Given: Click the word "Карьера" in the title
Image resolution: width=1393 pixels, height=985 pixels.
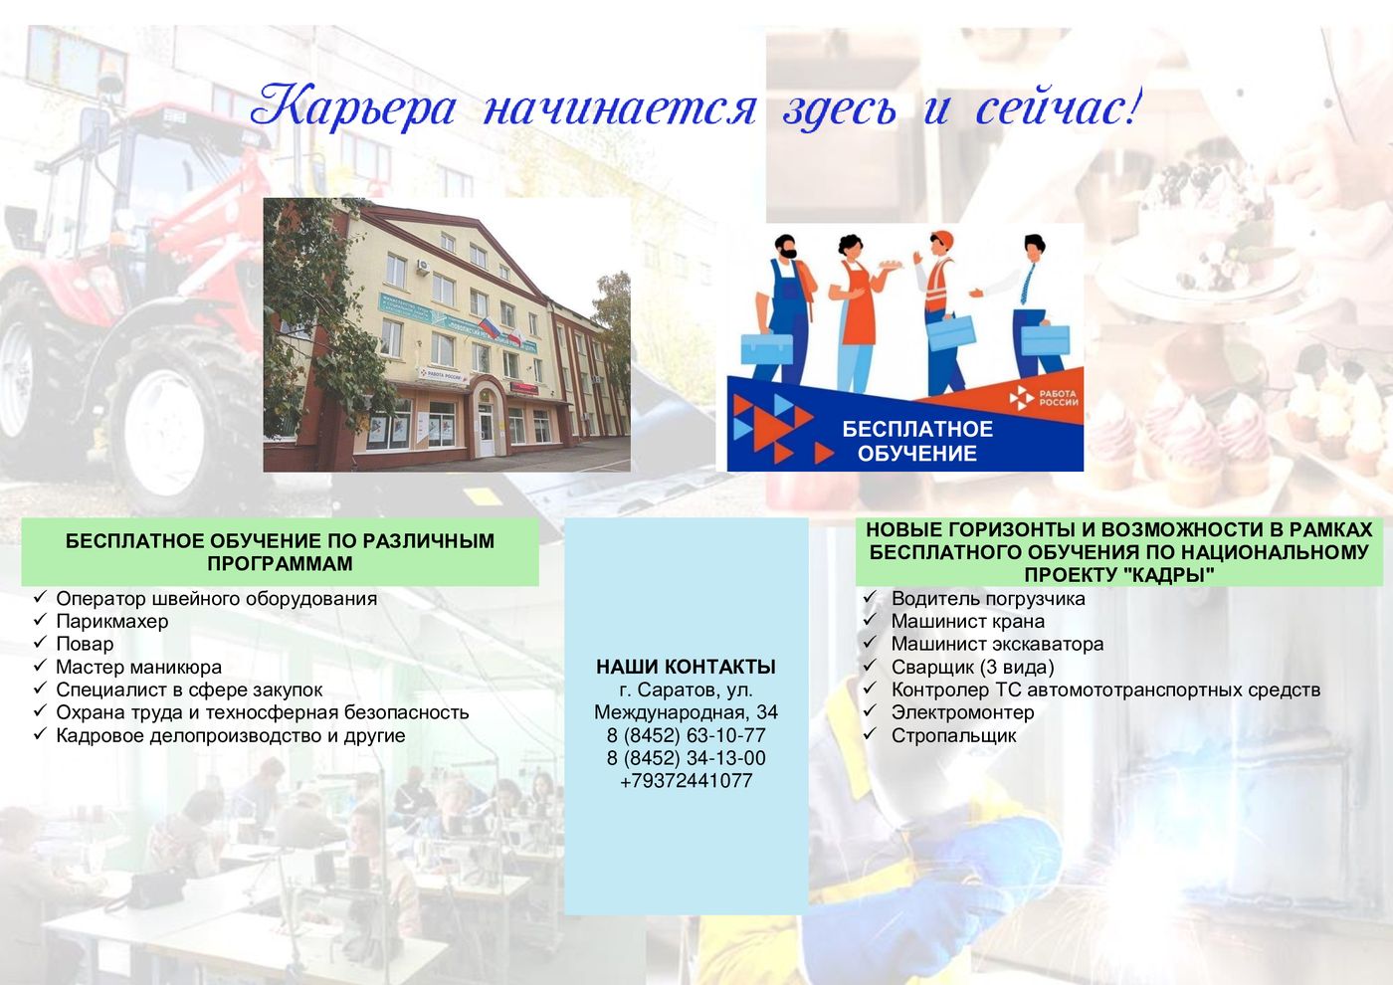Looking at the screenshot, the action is tap(353, 108).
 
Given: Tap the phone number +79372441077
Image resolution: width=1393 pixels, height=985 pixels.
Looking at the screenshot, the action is tap(686, 780).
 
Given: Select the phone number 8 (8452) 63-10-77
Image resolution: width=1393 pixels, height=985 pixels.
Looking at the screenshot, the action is tap(686, 735).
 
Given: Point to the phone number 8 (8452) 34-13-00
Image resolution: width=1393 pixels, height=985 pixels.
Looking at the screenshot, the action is tap(686, 758).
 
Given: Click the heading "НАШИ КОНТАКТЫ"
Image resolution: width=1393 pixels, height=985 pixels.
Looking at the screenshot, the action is tap(686, 667).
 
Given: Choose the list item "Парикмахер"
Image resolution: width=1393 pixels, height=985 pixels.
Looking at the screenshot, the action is tap(111, 621).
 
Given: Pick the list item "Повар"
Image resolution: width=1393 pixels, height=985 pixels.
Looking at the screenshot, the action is tap(85, 644).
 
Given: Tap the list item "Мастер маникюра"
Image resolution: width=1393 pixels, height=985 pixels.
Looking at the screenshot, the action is tap(138, 667).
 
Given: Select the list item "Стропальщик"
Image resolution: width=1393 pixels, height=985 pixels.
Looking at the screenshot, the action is tap(953, 735).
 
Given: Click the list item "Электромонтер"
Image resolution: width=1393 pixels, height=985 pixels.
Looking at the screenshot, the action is tap(963, 712).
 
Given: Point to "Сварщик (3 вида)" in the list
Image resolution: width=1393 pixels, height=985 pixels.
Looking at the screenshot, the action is tap(973, 668).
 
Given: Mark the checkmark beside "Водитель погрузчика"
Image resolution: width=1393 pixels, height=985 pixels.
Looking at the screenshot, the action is tap(870, 598).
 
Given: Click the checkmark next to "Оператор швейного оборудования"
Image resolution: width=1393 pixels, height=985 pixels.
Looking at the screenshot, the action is tap(41, 597).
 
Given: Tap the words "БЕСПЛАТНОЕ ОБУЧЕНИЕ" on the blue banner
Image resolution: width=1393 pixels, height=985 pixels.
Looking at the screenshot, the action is tap(917, 441).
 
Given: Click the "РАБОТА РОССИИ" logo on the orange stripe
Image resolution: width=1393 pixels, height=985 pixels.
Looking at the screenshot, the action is tap(1043, 398).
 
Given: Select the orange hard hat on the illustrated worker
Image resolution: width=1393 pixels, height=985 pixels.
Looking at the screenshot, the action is tap(942, 240).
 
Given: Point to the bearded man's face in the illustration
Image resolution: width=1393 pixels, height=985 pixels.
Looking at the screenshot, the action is tap(787, 248).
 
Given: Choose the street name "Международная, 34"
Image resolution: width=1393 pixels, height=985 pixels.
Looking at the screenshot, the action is tap(686, 712).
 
